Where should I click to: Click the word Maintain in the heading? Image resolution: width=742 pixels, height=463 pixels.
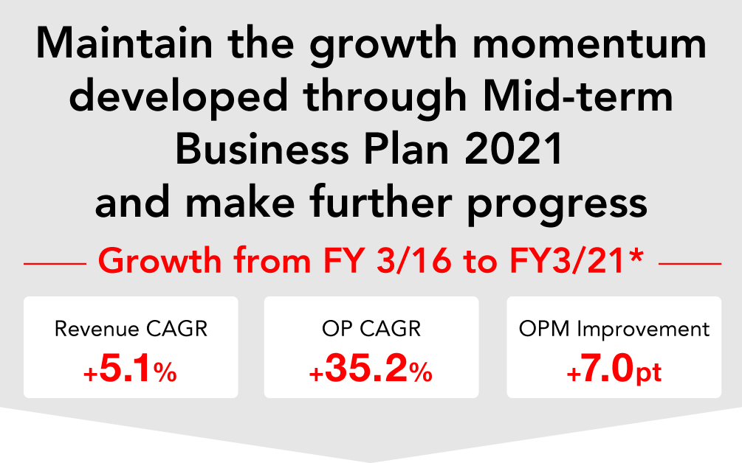(125, 43)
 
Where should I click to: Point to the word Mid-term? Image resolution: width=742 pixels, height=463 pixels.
(578, 96)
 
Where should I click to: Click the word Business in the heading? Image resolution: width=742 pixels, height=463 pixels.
(262, 149)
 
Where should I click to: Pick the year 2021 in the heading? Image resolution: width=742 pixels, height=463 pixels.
(514, 149)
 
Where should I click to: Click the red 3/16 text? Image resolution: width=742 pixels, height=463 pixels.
(414, 261)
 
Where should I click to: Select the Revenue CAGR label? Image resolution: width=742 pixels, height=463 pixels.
(131, 329)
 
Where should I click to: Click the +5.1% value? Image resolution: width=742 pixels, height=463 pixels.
(130, 369)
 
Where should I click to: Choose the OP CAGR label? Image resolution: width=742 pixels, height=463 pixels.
(371, 329)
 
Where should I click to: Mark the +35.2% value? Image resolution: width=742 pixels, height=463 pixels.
(371, 369)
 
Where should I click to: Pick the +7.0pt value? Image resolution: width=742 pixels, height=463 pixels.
(614, 369)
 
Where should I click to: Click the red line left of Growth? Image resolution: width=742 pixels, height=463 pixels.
(55, 264)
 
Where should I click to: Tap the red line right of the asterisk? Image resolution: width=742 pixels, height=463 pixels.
(690, 264)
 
